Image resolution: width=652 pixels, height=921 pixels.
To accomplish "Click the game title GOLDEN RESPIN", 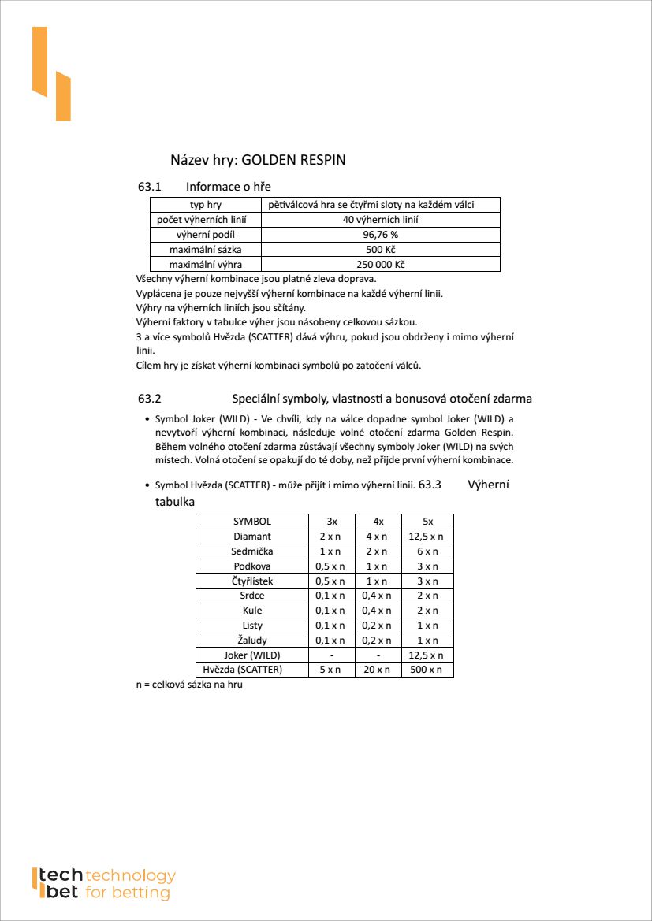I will [x=293, y=160].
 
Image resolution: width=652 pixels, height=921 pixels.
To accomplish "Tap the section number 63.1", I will [x=149, y=187].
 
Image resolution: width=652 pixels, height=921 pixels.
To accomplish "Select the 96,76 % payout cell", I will [x=380, y=235].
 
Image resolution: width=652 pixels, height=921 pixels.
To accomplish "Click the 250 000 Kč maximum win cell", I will [x=380, y=265].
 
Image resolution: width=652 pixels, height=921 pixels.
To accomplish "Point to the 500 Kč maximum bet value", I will [x=380, y=250].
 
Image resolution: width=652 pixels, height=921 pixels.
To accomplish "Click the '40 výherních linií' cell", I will [x=380, y=220].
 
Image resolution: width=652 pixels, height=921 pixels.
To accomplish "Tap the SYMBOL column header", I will [x=252, y=522].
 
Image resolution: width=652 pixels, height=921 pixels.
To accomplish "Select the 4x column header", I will [x=378, y=522].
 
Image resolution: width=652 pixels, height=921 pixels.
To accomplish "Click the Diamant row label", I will [x=252, y=537].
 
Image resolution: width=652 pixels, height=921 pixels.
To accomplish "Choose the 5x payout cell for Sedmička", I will [x=427, y=551].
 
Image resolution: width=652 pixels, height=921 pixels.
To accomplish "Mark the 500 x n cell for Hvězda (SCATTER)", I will [x=427, y=670].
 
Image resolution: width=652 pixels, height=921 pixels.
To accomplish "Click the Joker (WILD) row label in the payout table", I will [x=252, y=655].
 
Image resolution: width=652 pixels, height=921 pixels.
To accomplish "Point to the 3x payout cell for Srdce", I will [x=331, y=596].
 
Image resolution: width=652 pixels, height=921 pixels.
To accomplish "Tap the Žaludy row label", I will [x=252, y=640].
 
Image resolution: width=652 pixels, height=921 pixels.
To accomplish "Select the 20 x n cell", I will [x=378, y=670].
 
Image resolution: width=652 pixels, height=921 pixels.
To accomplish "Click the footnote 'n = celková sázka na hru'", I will [x=189, y=685].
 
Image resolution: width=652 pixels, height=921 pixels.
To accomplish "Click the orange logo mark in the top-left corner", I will [x=51, y=75].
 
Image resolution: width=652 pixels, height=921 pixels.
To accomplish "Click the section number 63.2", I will [x=149, y=399].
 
